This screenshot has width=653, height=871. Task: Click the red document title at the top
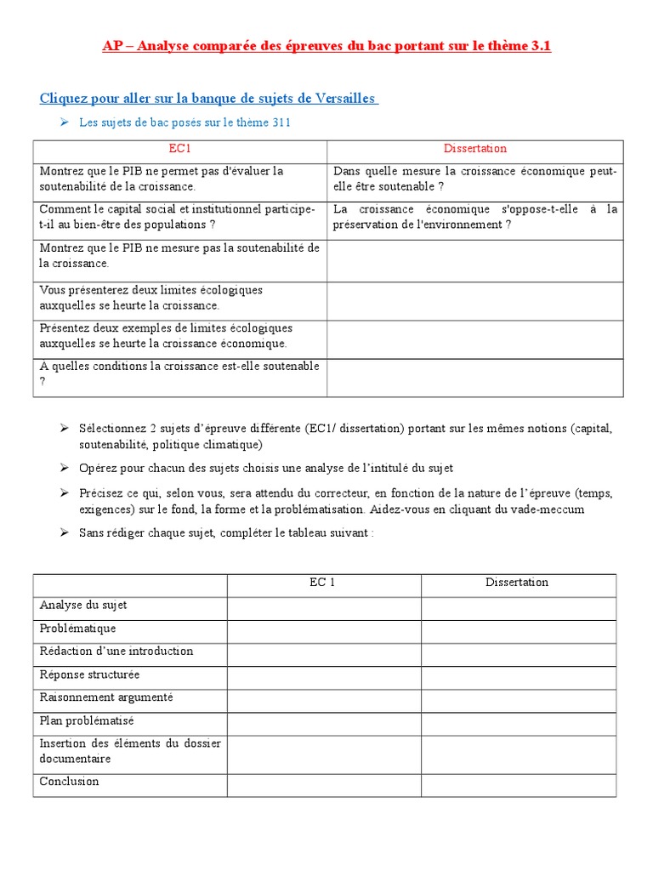pos(326,46)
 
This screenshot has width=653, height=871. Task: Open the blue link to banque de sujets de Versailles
pos(208,99)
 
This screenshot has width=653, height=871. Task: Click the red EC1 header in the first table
pos(179,149)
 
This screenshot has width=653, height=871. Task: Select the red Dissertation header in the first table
pos(474,149)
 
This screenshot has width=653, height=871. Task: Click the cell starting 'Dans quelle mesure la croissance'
pos(474,179)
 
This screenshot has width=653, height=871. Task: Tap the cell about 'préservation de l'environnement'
pos(474,217)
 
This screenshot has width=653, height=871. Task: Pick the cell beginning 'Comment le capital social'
pos(179,217)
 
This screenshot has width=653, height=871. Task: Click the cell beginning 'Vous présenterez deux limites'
pos(179,298)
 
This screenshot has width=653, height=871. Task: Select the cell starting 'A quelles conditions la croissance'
pos(179,374)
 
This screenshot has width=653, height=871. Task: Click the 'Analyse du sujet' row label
pos(83,606)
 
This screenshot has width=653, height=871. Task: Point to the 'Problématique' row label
pos(77,629)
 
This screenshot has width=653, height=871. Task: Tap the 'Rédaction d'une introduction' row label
pos(116,652)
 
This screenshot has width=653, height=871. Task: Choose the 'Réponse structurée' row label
pos(89,675)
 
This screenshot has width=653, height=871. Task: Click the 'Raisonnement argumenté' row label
pos(106,697)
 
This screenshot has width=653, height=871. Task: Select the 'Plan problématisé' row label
pos(87,720)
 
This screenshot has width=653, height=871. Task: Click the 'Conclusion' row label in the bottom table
pos(70,782)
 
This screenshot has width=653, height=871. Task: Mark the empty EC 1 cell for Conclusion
pos(323,785)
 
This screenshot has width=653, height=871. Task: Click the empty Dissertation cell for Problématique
pos(518,631)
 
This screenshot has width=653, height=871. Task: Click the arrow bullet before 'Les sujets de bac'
pos(65,122)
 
